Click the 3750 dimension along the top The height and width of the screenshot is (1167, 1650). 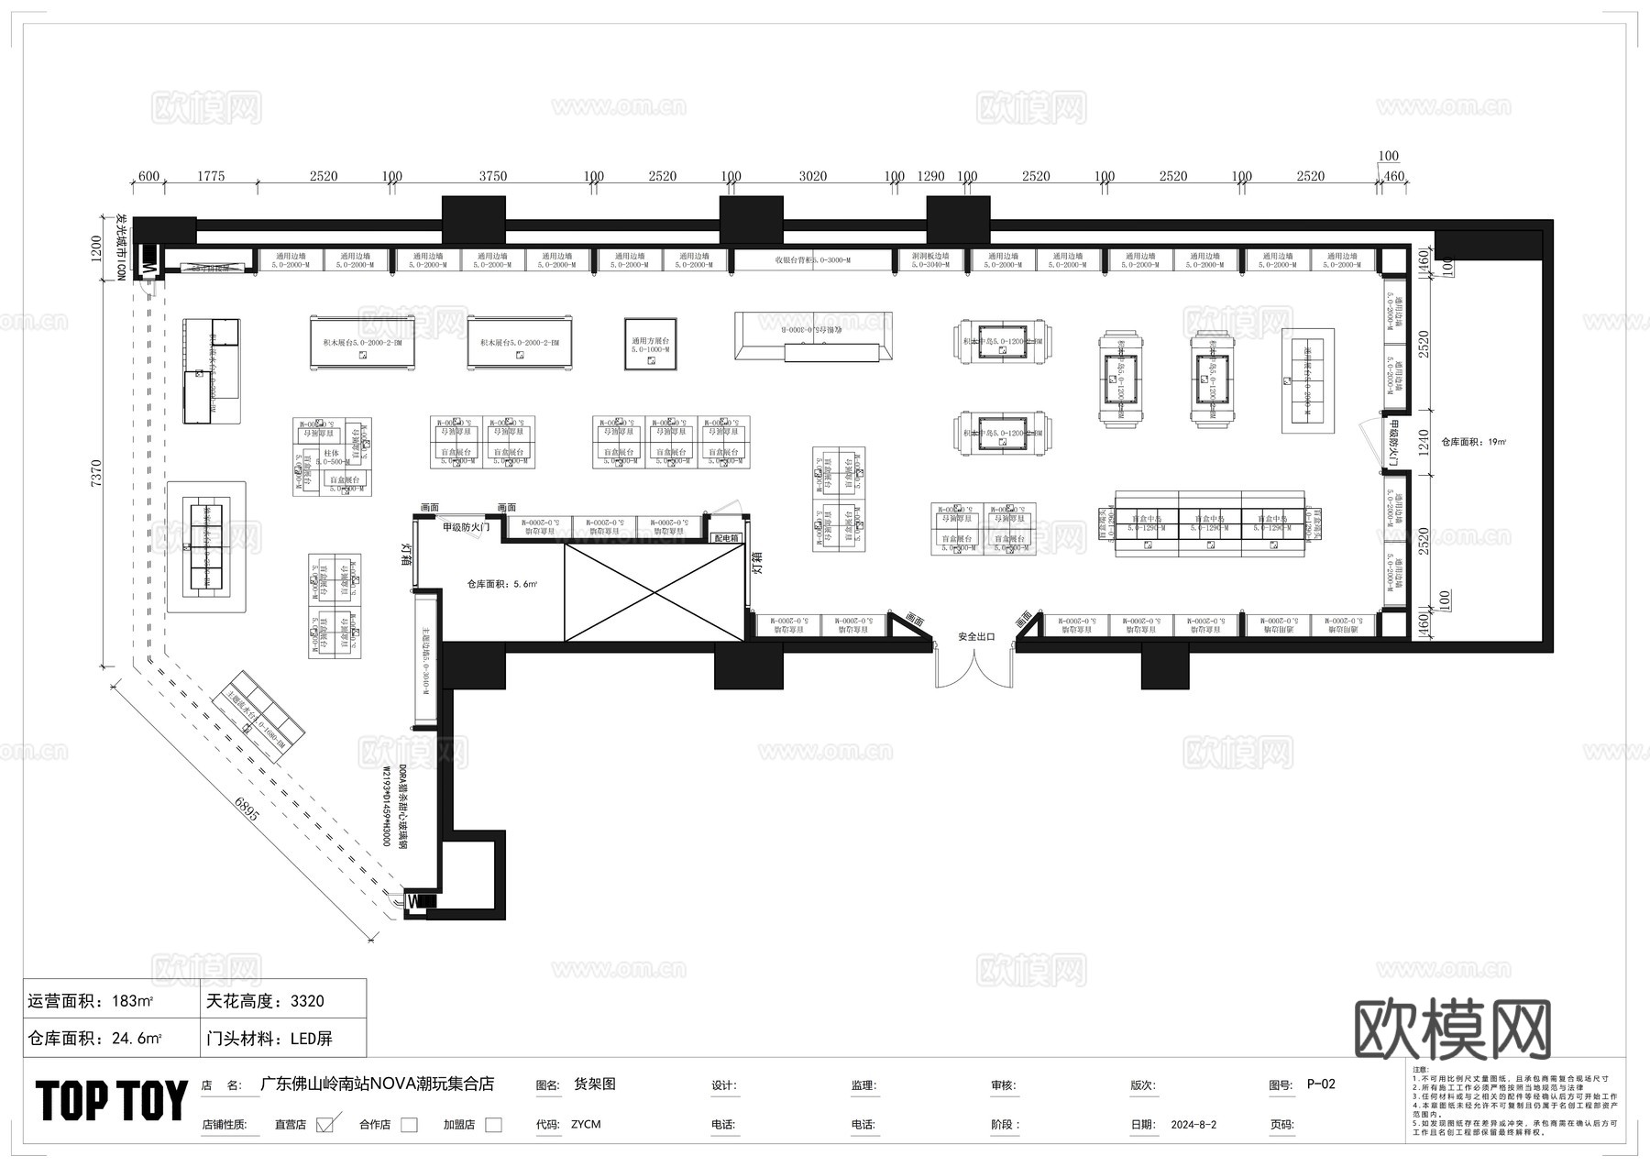pos(492,176)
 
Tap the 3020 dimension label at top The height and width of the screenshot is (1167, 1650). pos(812,176)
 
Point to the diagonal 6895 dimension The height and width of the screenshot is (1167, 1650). pos(246,814)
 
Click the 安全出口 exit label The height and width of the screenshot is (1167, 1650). pos(976,636)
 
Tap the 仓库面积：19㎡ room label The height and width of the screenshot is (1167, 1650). pos(1473,442)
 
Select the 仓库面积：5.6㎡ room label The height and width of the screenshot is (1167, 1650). pos(501,583)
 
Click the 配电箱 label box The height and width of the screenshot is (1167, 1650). pos(726,538)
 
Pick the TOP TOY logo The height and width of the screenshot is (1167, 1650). pos(112,1101)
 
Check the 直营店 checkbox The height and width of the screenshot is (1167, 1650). pos(324,1125)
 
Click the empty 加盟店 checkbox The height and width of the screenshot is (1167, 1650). pos(493,1125)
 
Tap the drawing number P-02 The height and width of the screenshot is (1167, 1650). pos(1321,1084)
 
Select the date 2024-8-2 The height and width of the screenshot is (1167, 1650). pos(1193,1125)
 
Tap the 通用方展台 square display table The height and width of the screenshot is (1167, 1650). pos(650,345)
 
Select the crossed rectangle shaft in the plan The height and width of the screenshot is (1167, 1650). pos(654,591)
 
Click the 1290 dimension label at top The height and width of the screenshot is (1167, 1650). pos(930,176)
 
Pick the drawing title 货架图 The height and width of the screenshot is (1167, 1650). pos(594,1084)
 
